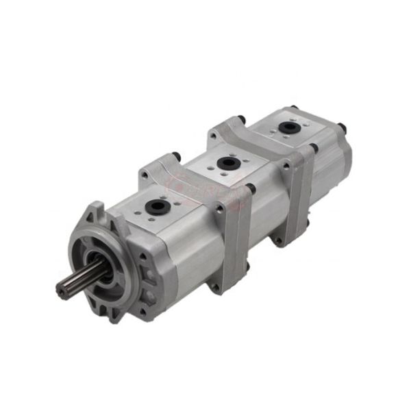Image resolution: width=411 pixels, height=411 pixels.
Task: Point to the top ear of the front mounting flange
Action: (x=96, y=210)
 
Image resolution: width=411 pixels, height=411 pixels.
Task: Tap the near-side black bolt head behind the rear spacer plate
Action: (x=313, y=149)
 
